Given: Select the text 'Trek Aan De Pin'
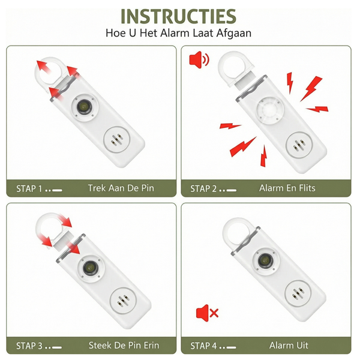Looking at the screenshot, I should pos(121,188).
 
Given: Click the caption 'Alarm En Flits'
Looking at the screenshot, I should pos(287,188).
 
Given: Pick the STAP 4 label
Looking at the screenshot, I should pos(204,346).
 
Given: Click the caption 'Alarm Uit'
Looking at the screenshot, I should pos(289,346).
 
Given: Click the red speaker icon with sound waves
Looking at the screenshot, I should pos(199,59).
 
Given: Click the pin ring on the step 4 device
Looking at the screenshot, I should pos(236,230).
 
